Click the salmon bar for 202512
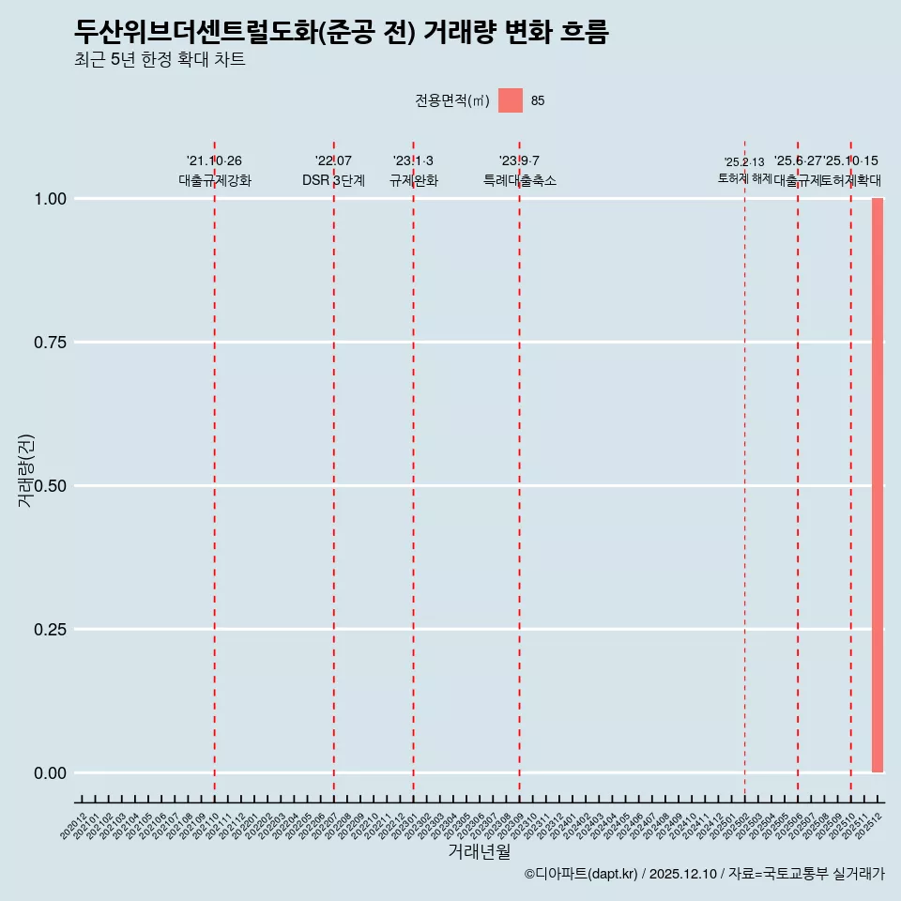pyautogui.click(x=878, y=485)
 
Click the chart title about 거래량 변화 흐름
pyautogui.click(x=342, y=33)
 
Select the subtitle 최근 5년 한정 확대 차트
pyautogui.click(x=160, y=60)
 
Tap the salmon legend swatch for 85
pyautogui.click(x=511, y=100)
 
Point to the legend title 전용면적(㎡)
pyautogui.click(x=452, y=101)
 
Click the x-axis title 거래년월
pyautogui.click(x=479, y=852)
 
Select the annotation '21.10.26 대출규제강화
pyautogui.click(x=215, y=171)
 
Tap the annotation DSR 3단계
pyautogui.click(x=333, y=180)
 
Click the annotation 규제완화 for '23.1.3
pyautogui.click(x=414, y=180)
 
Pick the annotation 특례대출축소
pyautogui.click(x=520, y=180)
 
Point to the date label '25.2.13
pyautogui.click(x=744, y=162)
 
